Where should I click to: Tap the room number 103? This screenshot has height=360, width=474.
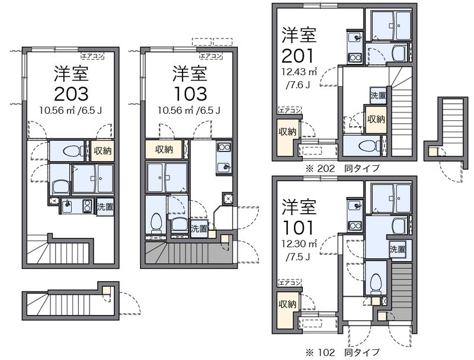[x=190, y=94]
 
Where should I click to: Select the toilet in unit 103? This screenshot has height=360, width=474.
[x=156, y=223]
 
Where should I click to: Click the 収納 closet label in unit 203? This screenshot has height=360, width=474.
[x=102, y=151]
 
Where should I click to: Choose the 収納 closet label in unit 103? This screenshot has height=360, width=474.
[x=164, y=149]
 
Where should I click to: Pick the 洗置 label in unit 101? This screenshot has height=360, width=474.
[x=397, y=250]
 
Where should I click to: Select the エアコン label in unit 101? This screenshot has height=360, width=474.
[x=290, y=283]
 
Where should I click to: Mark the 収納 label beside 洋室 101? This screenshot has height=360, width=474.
[x=287, y=304]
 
